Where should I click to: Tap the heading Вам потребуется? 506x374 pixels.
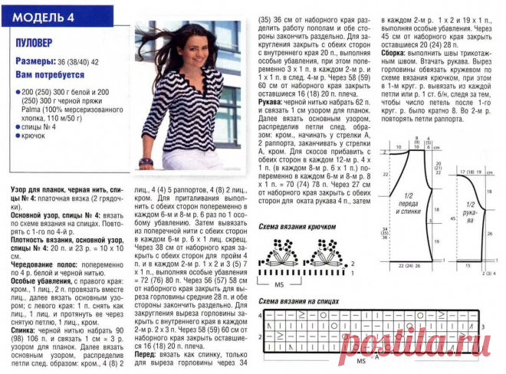(51, 74)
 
